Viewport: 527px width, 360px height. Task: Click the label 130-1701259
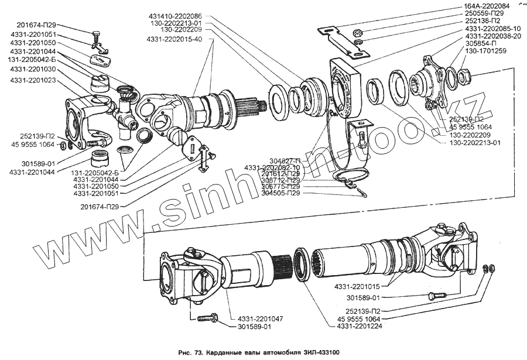click(x=491, y=52)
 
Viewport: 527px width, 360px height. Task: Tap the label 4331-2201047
click(x=259, y=318)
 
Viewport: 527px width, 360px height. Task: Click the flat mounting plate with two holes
click(x=343, y=41)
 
